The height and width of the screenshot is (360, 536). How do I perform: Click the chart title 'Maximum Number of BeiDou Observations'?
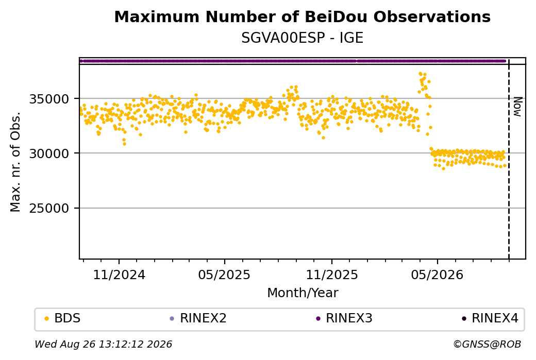coord(302,16)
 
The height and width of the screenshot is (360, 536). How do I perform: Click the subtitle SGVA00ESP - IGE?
coord(302,38)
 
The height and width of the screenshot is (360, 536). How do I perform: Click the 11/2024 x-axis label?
coord(119,275)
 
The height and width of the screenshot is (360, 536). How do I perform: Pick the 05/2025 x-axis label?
coord(225,275)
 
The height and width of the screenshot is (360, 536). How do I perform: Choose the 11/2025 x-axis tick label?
coord(331,275)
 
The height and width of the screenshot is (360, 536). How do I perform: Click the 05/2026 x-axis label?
coord(437,275)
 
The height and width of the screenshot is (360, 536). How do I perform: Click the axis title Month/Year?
coord(303,293)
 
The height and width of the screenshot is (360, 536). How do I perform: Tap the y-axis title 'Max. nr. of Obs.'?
coord(15,162)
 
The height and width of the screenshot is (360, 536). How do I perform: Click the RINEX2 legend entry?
coord(198,318)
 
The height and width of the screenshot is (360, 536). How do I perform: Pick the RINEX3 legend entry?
coord(344,318)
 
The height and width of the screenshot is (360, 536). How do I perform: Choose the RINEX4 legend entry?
coord(490,318)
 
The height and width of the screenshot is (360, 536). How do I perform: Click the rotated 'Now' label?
coord(517,107)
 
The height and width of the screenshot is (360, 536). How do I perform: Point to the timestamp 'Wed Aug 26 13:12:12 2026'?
coord(103,344)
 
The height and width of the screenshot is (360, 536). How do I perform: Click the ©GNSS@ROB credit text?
coord(487,344)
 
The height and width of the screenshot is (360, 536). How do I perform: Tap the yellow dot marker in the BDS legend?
coord(47,319)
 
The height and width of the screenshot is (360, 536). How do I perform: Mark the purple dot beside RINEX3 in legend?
coord(319,319)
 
